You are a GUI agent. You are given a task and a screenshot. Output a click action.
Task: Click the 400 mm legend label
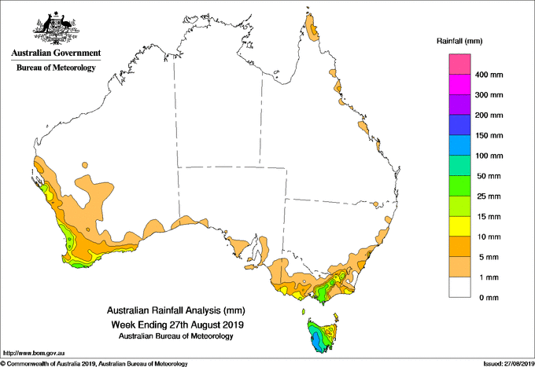[x=489, y=75]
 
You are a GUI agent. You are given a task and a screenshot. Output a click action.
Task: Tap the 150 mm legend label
[x=489, y=136]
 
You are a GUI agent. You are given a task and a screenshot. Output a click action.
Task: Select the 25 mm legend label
[x=489, y=196]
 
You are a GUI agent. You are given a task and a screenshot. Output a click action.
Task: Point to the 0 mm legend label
[x=489, y=298]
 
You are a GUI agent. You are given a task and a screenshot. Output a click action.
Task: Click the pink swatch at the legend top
[x=459, y=64]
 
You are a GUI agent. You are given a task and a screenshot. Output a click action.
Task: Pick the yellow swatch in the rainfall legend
[x=459, y=226]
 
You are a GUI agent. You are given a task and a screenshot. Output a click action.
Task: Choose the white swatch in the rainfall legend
[x=459, y=288]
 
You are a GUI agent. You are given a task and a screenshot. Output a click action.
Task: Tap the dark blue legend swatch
[x=459, y=125]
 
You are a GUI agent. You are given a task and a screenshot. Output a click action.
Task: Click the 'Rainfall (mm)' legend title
[x=459, y=41]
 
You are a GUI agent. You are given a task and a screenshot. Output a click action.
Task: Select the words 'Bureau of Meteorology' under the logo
[x=56, y=68]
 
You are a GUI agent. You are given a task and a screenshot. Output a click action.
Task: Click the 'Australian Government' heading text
[x=56, y=53]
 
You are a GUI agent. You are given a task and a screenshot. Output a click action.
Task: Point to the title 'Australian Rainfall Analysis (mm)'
[x=176, y=310]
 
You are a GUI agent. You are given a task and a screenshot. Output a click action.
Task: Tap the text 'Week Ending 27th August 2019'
[x=177, y=325]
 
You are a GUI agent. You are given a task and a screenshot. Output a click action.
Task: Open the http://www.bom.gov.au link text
[x=34, y=354]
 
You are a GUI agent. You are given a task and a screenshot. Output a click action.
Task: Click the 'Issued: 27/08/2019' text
[x=508, y=364]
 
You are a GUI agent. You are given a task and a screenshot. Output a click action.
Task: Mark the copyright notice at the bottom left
[x=94, y=364]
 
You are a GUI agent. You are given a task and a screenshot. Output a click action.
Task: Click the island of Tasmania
[x=322, y=335]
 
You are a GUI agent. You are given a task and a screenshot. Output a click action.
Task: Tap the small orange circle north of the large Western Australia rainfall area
[x=85, y=166]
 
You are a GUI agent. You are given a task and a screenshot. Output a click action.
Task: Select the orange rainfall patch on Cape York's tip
[x=312, y=28]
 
